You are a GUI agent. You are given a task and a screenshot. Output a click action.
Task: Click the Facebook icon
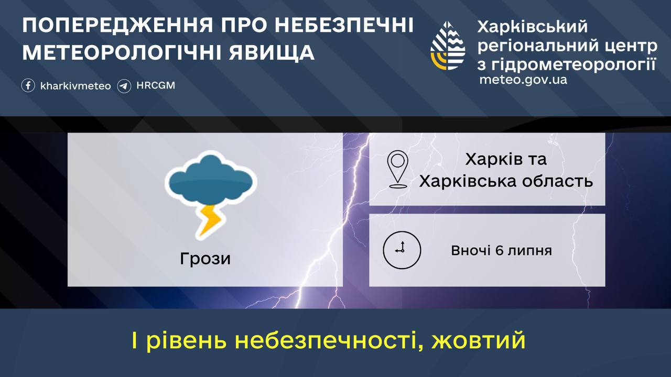(28, 85)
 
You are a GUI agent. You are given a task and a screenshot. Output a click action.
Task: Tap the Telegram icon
(124, 86)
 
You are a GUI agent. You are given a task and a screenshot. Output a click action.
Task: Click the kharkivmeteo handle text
(75, 86)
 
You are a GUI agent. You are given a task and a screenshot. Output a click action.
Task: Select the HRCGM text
(156, 85)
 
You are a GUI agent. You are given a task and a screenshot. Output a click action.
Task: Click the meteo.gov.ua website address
(523, 80)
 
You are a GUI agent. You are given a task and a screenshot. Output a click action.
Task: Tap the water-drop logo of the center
(448, 46)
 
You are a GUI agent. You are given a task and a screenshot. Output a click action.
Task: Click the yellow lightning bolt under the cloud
(210, 220)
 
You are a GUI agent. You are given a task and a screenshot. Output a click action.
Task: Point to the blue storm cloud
(211, 179)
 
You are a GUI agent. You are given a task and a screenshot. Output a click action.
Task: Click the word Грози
(205, 259)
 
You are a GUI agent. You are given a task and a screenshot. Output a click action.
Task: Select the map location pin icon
(397, 169)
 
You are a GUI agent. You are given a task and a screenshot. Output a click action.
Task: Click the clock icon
(402, 250)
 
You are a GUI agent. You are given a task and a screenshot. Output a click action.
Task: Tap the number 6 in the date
(499, 250)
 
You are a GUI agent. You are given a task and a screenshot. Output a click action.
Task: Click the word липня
(529, 251)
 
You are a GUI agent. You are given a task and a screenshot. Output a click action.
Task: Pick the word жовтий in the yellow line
(479, 340)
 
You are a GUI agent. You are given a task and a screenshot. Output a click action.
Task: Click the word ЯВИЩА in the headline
(272, 53)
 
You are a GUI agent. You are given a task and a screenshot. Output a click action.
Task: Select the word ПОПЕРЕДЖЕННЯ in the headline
(118, 25)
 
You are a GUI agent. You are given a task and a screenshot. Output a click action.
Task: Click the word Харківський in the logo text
(532, 27)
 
